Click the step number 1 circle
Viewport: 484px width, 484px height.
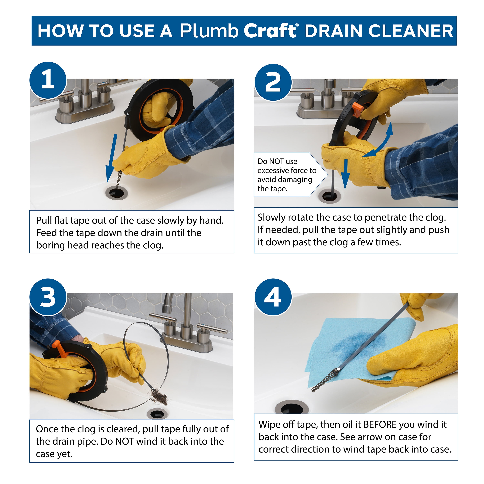[x=48, y=80]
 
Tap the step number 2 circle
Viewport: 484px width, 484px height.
[x=273, y=82]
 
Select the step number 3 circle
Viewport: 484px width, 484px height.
[x=48, y=297]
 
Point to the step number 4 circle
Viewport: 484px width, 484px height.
[x=273, y=297]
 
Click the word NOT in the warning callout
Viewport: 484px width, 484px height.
[x=276, y=161]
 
